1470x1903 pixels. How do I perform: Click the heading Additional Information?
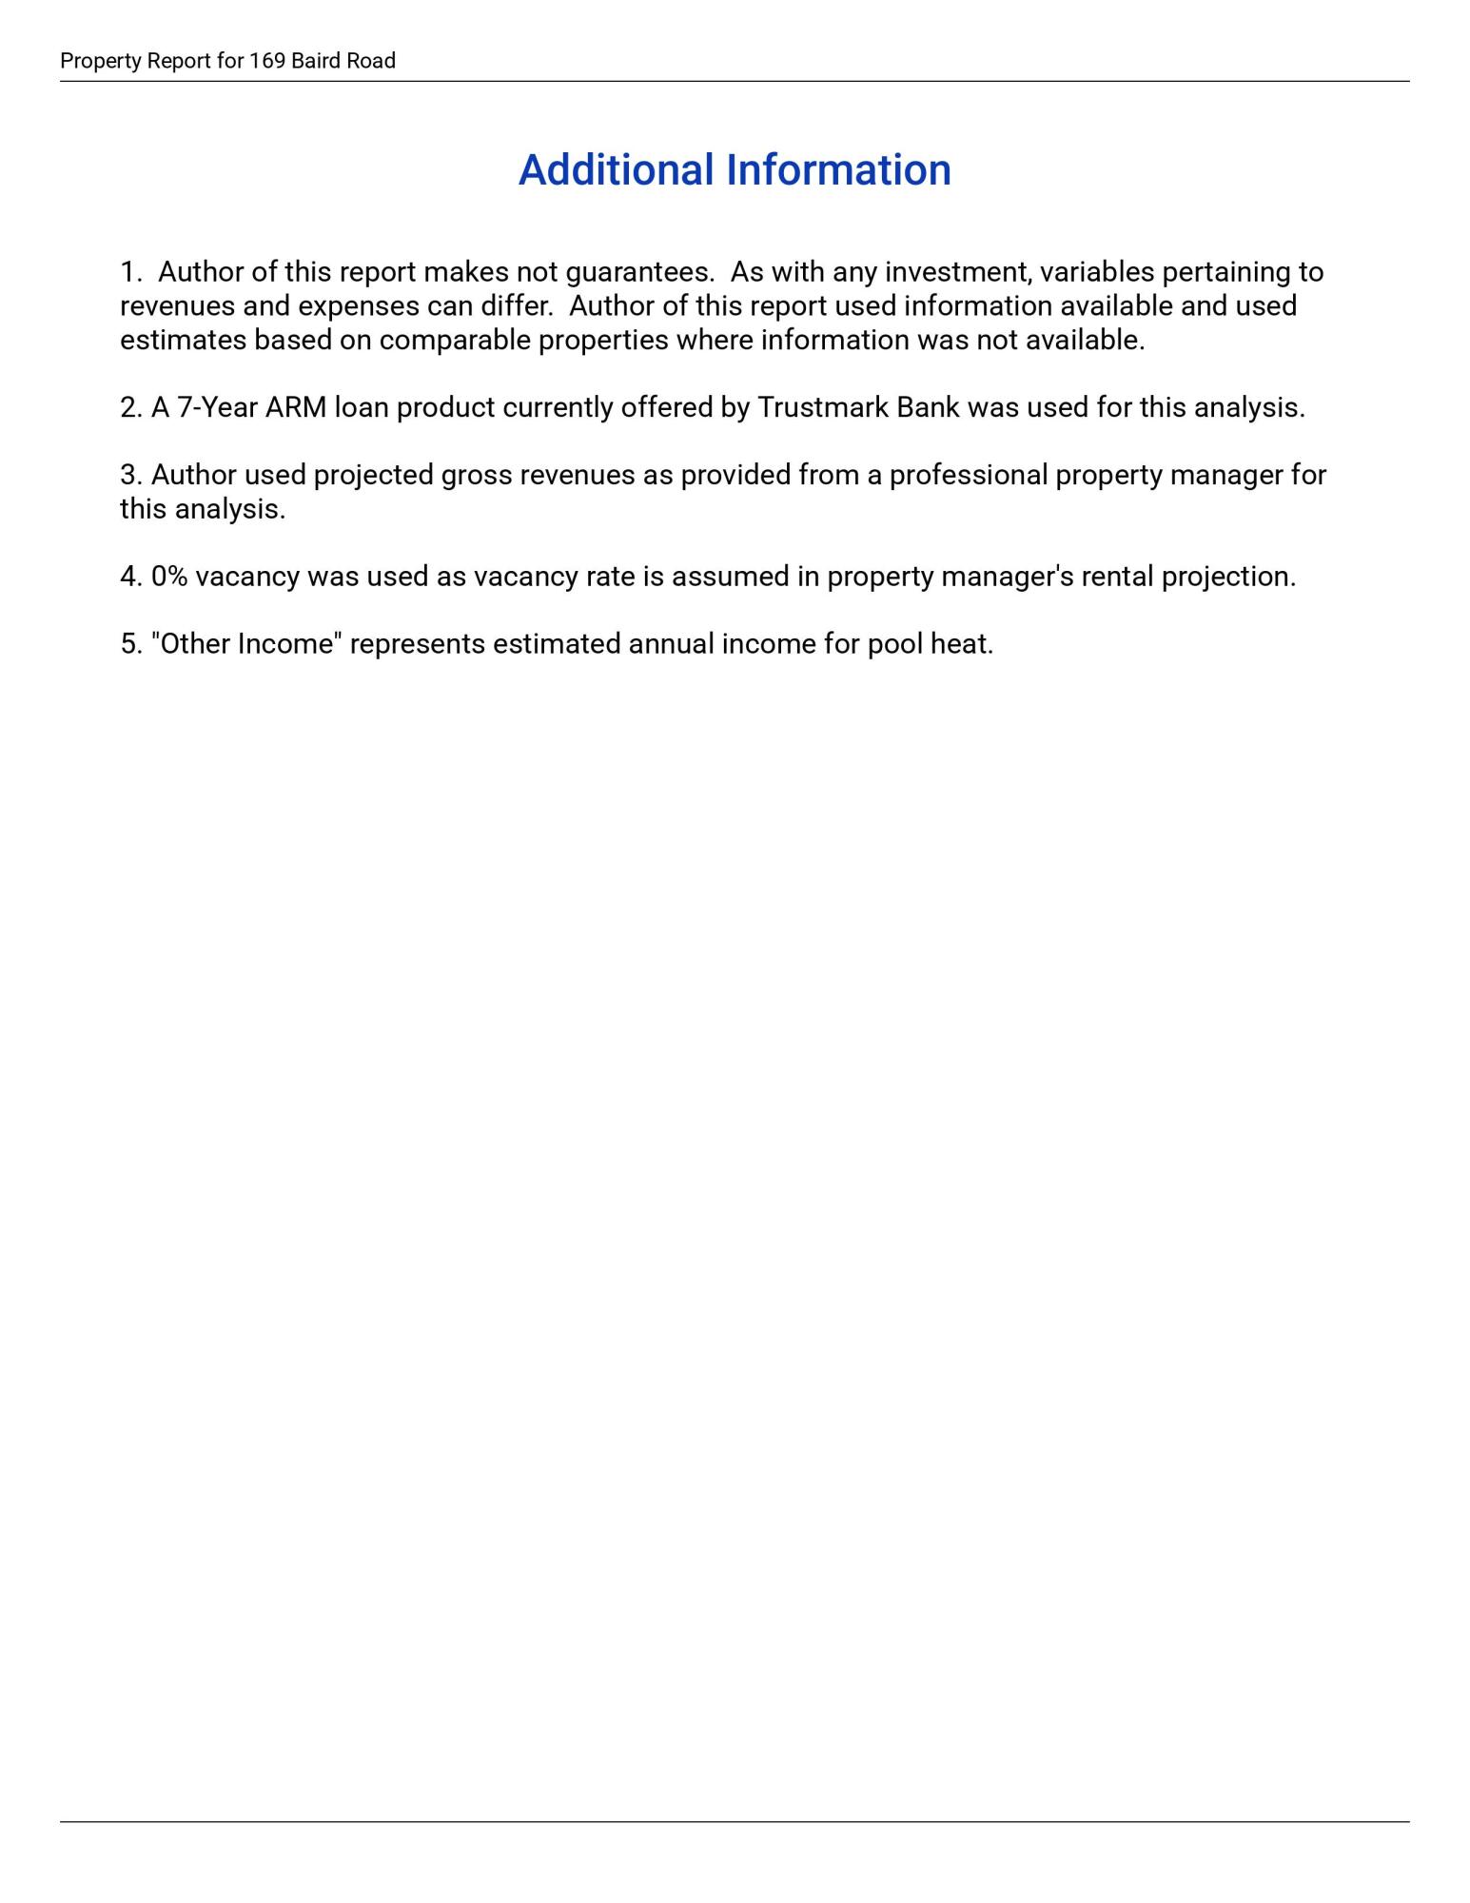tap(735, 170)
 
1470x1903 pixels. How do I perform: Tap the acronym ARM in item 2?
tap(296, 408)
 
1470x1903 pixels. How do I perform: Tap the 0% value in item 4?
tap(169, 578)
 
